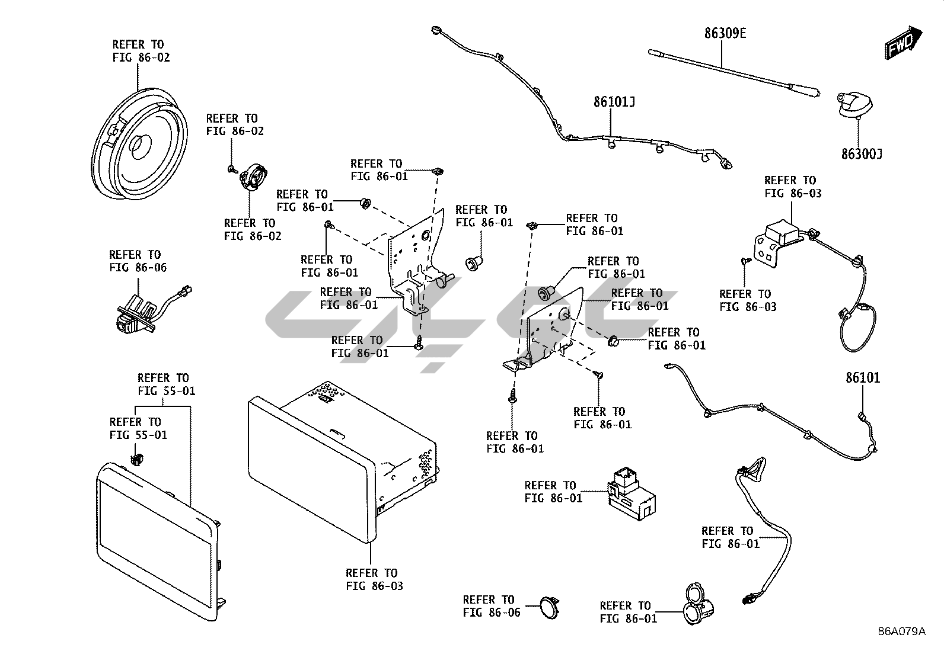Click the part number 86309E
click(x=725, y=33)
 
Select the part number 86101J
click(x=614, y=102)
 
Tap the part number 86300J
click(x=861, y=154)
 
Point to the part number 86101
click(x=863, y=377)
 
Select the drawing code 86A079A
click(x=901, y=631)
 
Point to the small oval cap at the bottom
click(x=549, y=607)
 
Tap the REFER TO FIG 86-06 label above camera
click(x=138, y=261)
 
